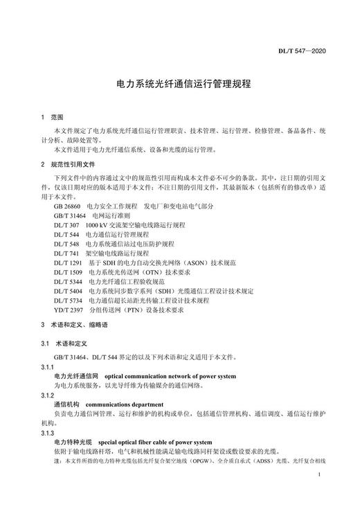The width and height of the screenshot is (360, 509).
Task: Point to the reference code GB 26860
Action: coord(68,206)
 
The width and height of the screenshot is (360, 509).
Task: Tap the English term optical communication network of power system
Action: coord(170,376)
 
